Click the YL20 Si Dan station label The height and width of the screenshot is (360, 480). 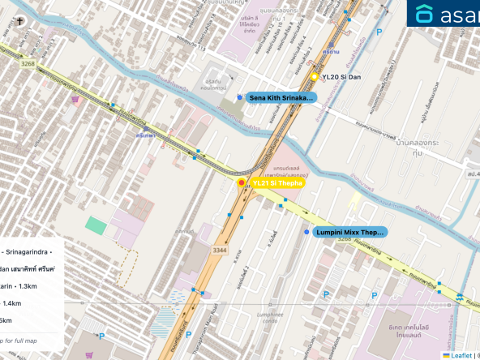tap(341, 77)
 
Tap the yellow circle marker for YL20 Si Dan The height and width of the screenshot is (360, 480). tap(315, 77)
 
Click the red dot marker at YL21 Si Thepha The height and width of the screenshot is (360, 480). tap(240, 183)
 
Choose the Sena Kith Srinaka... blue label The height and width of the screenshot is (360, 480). tap(281, 97)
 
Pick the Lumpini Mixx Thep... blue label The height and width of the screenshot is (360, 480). tap(349, 233)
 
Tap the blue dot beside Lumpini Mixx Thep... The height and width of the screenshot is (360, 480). tap(306, 233)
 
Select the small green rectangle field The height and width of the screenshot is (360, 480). tap(96, 225)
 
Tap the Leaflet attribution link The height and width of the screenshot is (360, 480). tap(461, 354)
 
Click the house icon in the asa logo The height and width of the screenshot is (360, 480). tap(425, 14)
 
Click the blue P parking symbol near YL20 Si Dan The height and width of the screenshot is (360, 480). tap(380, 32)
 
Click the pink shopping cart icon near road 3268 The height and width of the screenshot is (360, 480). tap(75, 100)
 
